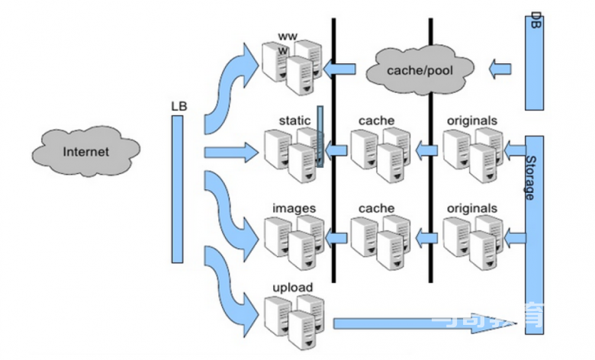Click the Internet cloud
[x=85, y=151]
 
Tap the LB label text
[x=178, y=106]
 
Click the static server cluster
[x=291, y=156]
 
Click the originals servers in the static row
[x=471, y=156]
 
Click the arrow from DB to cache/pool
[x=500, y=71]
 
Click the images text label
[x=294, y=207]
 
